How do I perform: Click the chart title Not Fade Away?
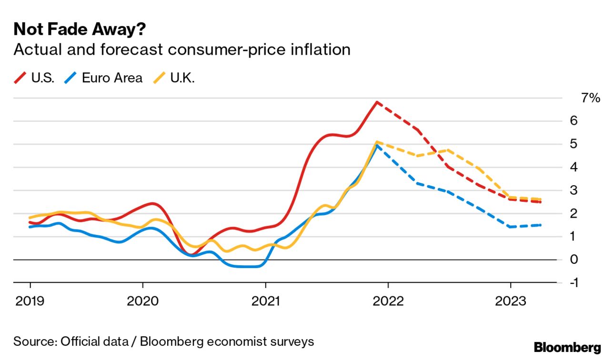[80, 30]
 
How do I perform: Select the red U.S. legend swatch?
[20, 78]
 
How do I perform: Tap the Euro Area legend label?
[112, 78]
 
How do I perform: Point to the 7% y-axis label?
[590, 98]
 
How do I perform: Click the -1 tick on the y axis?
[574, 283]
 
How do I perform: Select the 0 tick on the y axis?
[574, 260]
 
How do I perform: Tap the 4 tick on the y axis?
[574, 167]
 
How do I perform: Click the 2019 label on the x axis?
[30, 301]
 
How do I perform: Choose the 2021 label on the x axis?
[265, 301]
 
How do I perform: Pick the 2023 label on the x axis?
[511, 301]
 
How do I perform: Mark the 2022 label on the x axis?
[388, 301]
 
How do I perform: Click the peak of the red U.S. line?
[377, 102]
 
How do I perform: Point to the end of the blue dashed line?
[540, 225]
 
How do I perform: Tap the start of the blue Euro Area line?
[30, 227]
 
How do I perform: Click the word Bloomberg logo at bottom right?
[567, 347]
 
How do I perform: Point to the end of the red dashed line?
[540, 202]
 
